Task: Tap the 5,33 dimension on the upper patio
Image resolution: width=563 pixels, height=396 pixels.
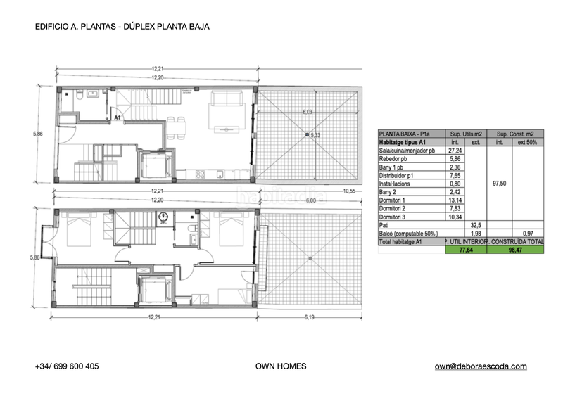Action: (316, 134)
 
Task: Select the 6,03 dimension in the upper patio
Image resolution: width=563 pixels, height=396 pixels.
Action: (307, 112)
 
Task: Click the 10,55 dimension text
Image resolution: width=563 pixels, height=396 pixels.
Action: (351, 191)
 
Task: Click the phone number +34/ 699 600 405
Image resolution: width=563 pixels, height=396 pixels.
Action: (67, 366)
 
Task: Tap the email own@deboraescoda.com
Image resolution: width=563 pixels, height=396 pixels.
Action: (481, 366)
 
